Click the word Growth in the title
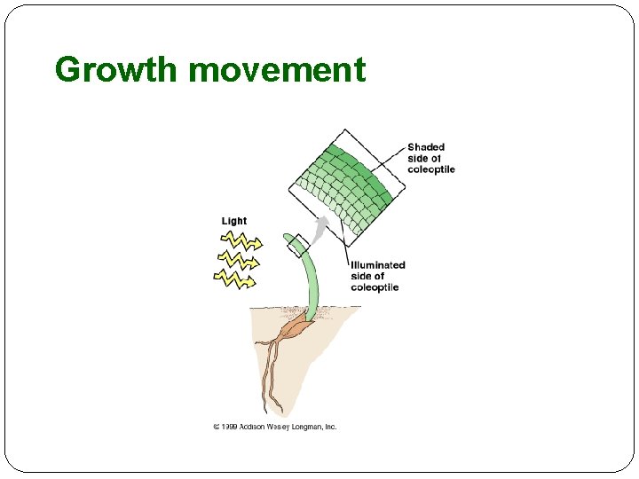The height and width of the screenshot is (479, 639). tap(116, 69)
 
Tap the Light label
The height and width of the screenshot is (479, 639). tap(234, 221)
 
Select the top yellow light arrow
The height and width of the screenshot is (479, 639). tap(240, 240)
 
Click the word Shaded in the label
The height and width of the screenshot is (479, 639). tap(426, 147)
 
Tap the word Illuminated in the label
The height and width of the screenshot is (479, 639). tap(378, 264)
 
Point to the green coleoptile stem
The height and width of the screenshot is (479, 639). tap(312, 284)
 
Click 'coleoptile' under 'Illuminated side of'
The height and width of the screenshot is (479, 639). tap(375, 287)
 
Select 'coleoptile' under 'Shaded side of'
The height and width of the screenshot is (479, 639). tap(431, 169)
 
